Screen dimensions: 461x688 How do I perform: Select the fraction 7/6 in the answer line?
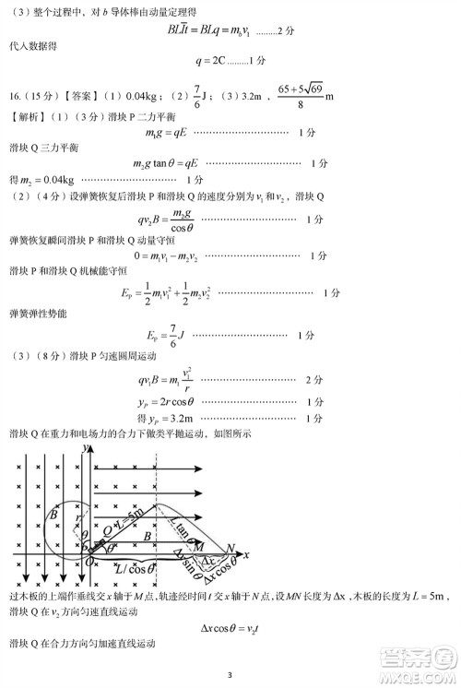[x=196, y=95]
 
